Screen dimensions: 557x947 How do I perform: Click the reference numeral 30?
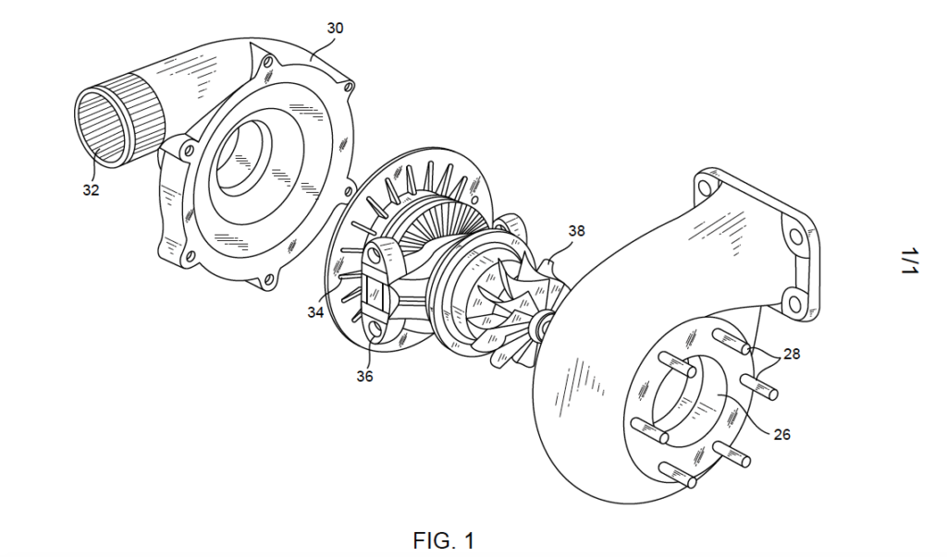tap(335, 29)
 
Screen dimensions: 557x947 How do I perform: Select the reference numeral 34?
tap(315, 311)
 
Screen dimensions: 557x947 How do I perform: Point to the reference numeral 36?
tap(364, 376)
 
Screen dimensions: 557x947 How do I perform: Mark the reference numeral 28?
tap(791, 353)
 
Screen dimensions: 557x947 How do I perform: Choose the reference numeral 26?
tap(781, 433)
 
